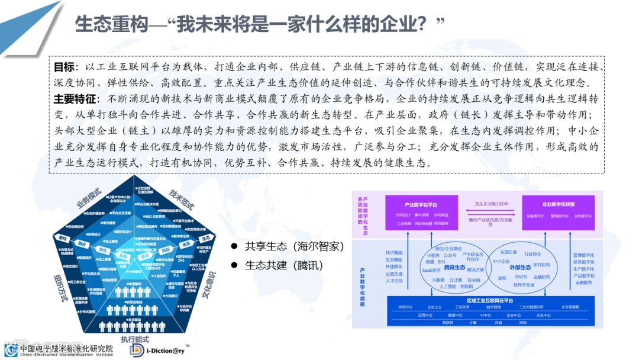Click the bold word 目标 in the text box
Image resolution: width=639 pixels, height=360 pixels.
[64, 67]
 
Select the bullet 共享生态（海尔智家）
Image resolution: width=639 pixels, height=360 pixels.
[294, 246]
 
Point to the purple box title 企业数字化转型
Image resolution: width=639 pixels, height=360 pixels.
[558, 204]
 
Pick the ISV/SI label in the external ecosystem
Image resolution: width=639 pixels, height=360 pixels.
[521, 277]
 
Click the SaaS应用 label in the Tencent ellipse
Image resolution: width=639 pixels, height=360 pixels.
[431, 269]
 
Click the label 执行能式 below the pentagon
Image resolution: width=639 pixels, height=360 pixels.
[135, 339]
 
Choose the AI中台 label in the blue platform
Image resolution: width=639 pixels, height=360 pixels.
[485, 315]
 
